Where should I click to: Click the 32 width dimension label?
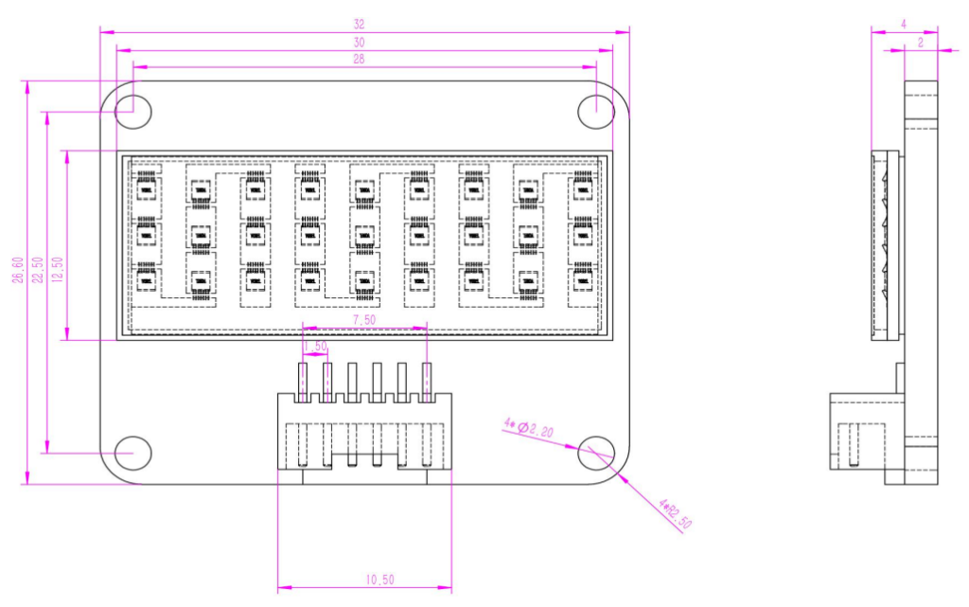coord(359,24)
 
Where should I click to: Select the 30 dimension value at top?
coord(359,43)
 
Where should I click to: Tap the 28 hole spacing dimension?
coord(359,59)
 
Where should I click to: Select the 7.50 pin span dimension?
coord(364,320)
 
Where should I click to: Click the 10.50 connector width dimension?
coord(364,580)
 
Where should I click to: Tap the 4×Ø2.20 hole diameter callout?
coord(531,428)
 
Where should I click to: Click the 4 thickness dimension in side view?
coord(904,24)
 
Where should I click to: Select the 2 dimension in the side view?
coord(920,43)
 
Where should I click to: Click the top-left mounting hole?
coord(132,111)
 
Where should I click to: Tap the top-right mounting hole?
coord(596,111)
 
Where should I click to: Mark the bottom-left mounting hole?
coord(132,454)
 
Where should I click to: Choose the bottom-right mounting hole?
coord(596,454)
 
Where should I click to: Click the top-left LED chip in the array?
coord(146,190)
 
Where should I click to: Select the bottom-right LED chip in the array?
coord(582,278)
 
